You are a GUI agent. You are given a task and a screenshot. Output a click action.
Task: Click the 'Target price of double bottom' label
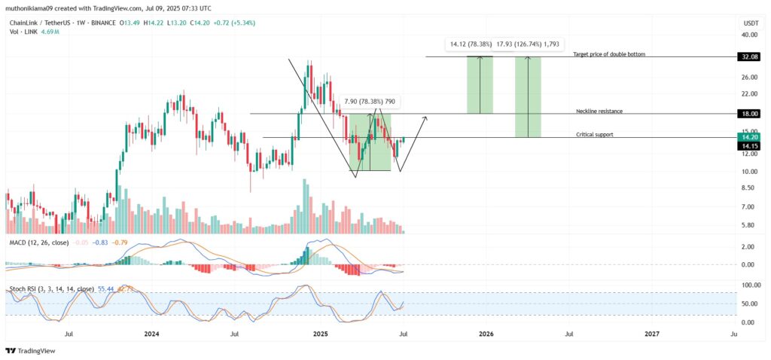click(608, 54)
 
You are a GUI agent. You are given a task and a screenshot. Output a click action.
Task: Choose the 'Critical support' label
click(594, 134)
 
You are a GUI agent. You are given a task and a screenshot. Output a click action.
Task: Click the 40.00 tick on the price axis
click(749, 35)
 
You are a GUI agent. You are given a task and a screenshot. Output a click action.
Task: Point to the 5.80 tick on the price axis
click(749, 225)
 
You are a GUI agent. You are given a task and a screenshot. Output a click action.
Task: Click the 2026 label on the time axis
click(486, 333)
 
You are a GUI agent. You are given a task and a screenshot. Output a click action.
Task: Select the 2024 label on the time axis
click(152, 333)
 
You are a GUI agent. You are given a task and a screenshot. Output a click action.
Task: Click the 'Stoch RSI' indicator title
click(22, 288)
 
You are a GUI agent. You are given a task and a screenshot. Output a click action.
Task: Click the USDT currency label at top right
click(750, 23)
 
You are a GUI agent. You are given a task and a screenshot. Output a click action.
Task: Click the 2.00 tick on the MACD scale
click(749, 247)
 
